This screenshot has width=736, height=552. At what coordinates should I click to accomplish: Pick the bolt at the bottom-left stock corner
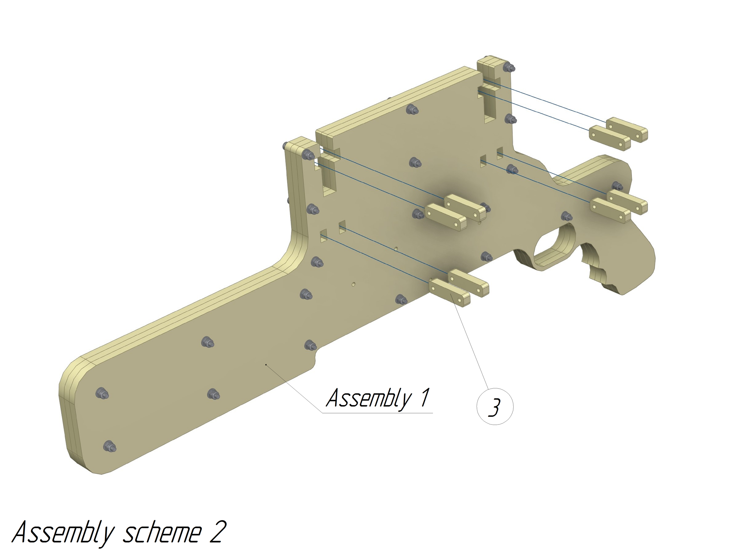tap(109, 447)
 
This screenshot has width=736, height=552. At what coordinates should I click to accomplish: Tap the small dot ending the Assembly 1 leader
tap(266, 365)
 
